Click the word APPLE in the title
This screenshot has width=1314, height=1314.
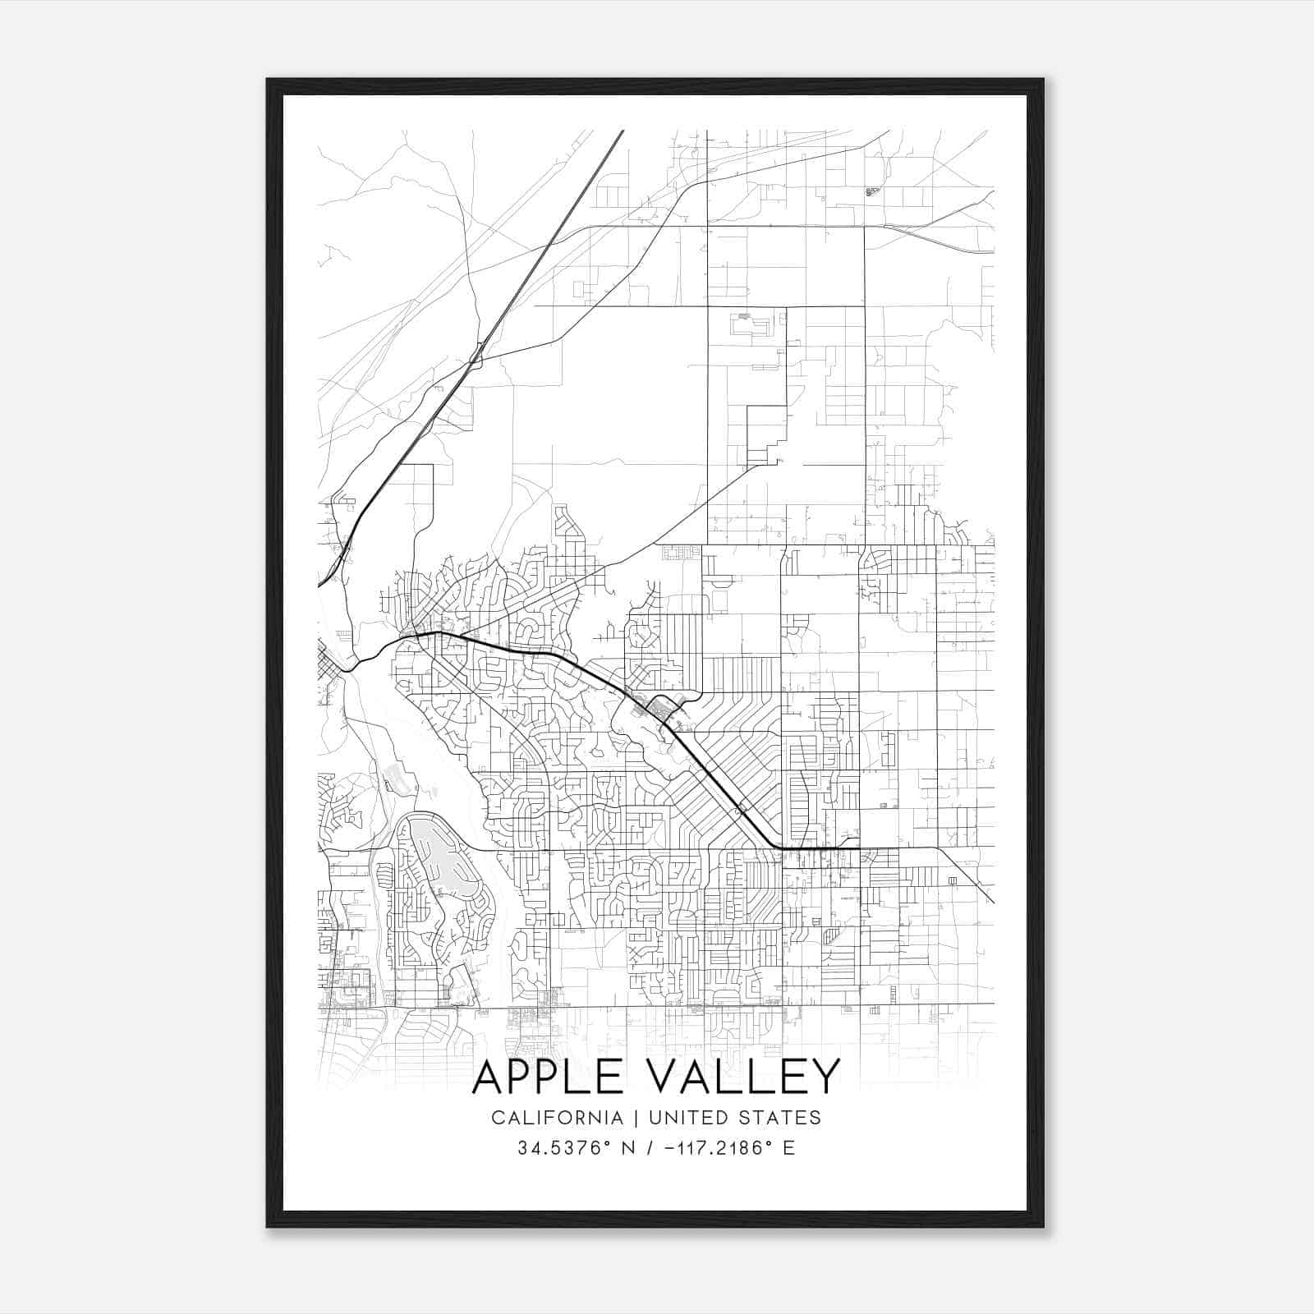[555, 1077]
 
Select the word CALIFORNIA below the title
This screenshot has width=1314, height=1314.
[557, 1118]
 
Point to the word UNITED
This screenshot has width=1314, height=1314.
[686, 1118]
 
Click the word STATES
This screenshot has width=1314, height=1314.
[779, 1118]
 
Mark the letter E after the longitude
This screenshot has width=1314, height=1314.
[789, 1148]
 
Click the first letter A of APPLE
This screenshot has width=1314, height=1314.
[490, 1077]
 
